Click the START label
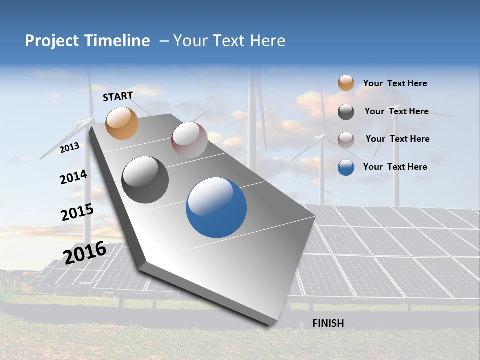[x=118, y=96]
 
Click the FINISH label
[x=328, y=323]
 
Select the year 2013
[x=69, y=148]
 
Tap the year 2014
[x=73, y=177]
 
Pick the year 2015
[x=77, y=212]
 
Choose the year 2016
[x=85, y=252]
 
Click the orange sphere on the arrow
[x=122, y=123]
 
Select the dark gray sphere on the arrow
[x=145, y=180]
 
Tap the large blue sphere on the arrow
[x=216, y=207]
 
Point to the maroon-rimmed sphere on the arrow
[x=189, y=140]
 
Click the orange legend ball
[x=346, y=83]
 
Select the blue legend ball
[x=346, y=167]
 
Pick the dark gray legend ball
[x=346, y=112]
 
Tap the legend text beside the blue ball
[x=395, y=167]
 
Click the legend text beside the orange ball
[x=395, y=83]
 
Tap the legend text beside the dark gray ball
[x=397, y=111]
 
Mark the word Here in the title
[x=268, y=41]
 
